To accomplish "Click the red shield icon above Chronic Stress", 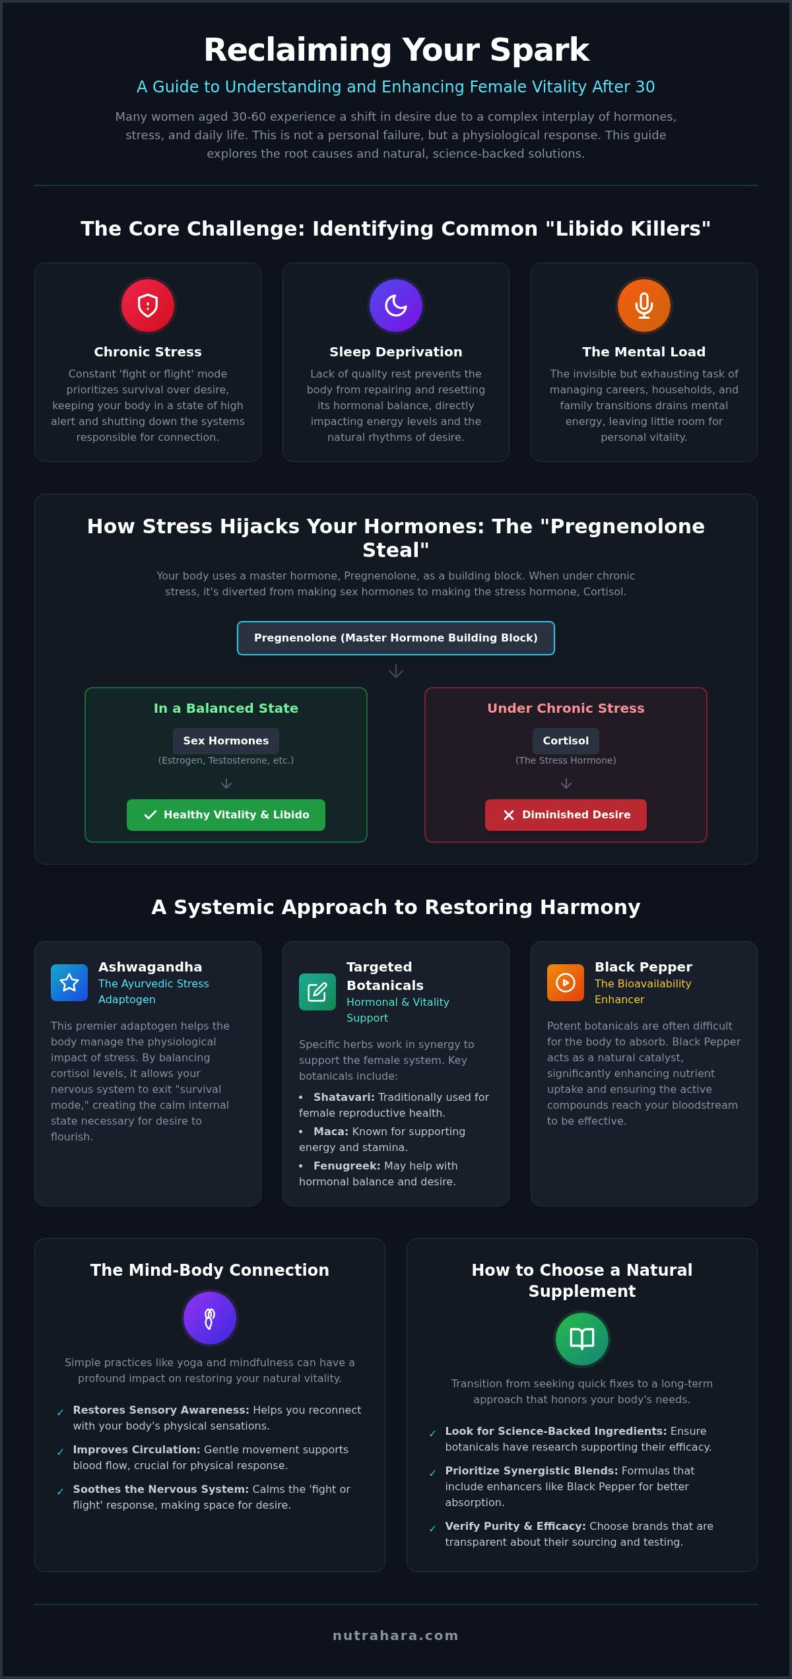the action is click(x=148, y=306).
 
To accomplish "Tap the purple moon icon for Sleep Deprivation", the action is click(x=396, y=306).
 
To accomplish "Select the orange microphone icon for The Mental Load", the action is click(x=644, y=306).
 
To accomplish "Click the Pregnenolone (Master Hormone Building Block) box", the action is click(x=396, y=638).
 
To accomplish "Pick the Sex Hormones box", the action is click(x=226, y=741).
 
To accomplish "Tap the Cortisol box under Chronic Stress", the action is click(x=566, y=741).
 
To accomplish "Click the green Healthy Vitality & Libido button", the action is click(x=226, y=815).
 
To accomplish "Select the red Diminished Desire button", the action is click(x=566, y=815).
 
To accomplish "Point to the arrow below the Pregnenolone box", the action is click(x=396, y=671).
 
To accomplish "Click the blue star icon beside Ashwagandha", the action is click(x=69, y=983).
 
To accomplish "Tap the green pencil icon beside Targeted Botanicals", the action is click(x=317, y=992).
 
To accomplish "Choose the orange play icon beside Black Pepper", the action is click(x=566, y=983).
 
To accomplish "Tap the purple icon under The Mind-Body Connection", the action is click(x=210, y=1318).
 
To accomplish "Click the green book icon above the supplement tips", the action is click(x=582, y=1339).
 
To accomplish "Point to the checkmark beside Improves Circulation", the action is click(x=60, y=1453).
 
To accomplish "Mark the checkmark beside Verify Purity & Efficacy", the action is click(x=432, y=1529).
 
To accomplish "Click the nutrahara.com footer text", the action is click(x=396, y=1635).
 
